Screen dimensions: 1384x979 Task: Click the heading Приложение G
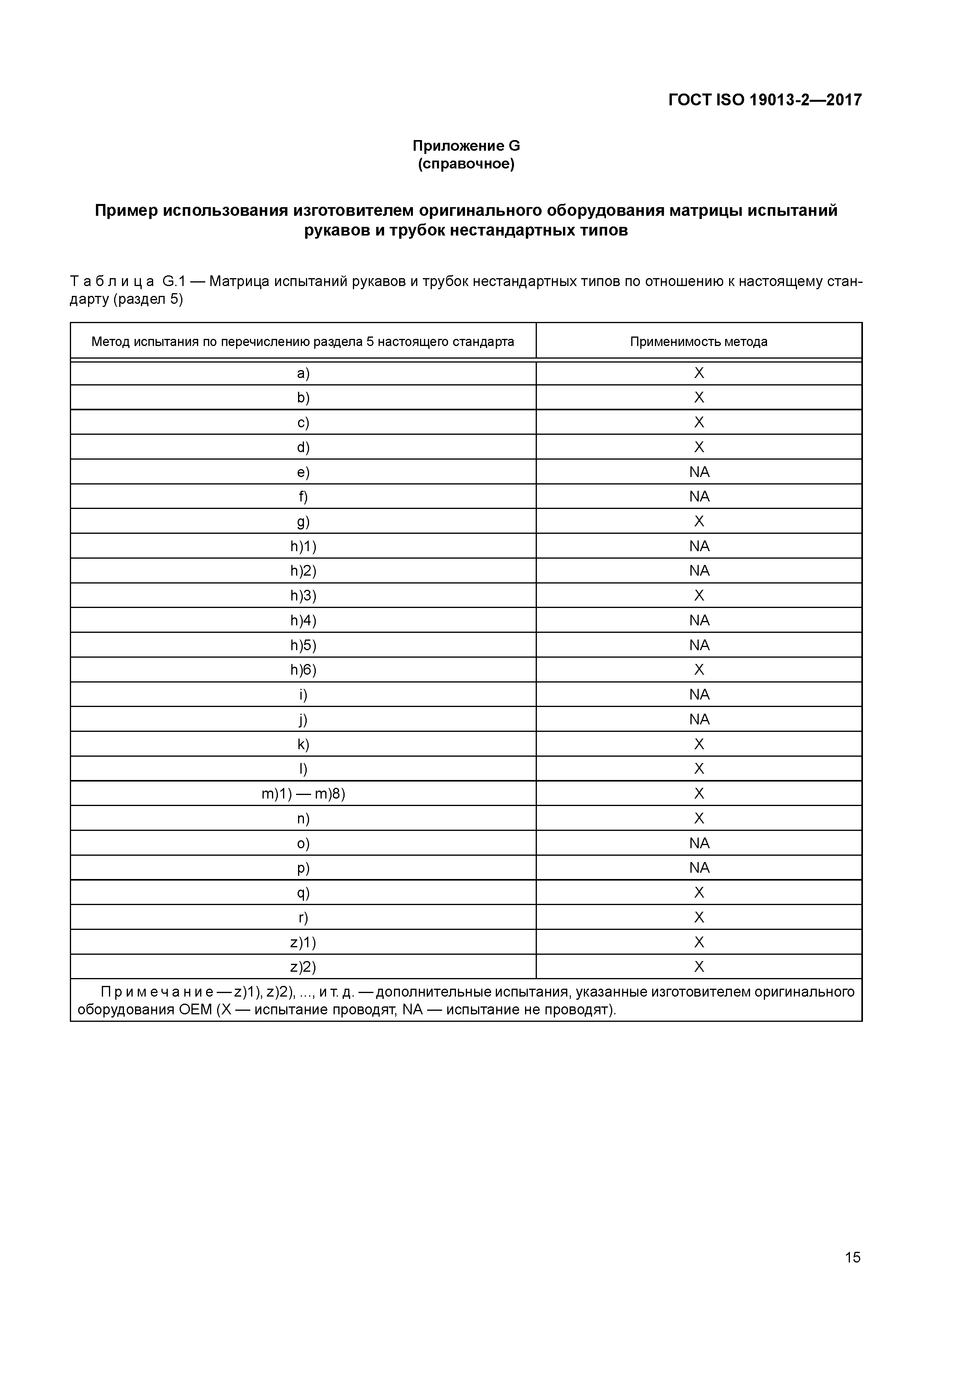tap(466, 146)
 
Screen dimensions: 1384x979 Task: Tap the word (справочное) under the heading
tap(466, 164)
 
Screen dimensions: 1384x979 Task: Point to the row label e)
tap(303, 472)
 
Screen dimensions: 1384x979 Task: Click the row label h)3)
tap(303, 596)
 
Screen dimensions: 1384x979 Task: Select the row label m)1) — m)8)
tap(303, 794)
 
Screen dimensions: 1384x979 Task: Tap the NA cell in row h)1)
tap(699, 546)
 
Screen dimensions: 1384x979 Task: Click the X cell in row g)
tap(699, 522)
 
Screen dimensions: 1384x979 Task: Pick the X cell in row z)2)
tap(699, 967)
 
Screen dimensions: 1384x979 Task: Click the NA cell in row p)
tap(699, 868)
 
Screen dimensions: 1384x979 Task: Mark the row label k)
tap(303, 744)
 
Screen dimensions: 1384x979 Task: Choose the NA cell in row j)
tap(699, 720)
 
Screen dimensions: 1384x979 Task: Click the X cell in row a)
tap(699, 373)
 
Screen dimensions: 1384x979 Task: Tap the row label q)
tap(303, 893)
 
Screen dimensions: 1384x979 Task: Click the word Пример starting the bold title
tap(126, 211)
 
